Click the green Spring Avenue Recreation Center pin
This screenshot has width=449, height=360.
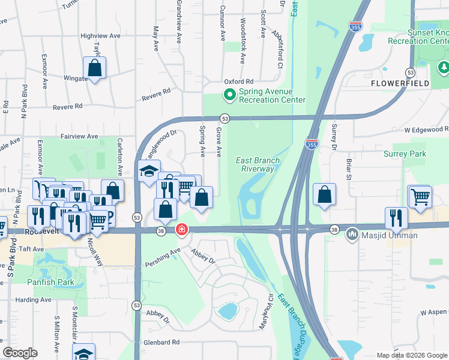(x=229, y=94)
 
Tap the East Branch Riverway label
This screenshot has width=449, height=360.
(x=255, y=164)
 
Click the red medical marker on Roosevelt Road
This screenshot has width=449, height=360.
(x=181, y=230)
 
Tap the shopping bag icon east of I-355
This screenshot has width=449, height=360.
(x=324, y=194)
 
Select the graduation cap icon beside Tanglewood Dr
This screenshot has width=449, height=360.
(x=148, y=172)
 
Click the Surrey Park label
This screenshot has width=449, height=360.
(x=405, y=154)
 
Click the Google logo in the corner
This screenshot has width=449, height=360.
(x=20, y=353)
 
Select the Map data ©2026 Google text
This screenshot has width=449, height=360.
(x=412, y=355)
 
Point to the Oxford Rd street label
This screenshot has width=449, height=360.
(x=239, y=82)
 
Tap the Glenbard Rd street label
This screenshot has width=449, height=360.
(x=161, y=342)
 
